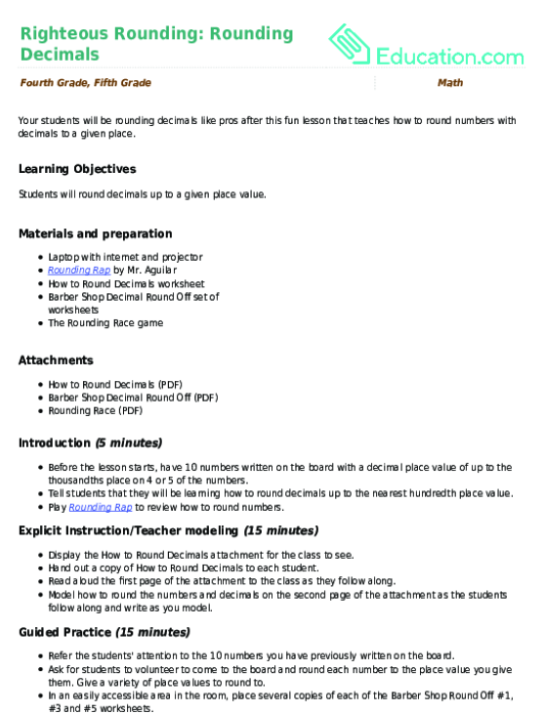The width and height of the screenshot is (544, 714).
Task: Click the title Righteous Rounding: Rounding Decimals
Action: pos(156,43)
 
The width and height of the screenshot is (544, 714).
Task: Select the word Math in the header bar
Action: pos(450,83)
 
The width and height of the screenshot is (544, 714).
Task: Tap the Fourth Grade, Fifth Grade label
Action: pos(85,83)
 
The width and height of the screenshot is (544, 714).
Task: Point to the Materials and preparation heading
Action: pos(96,233)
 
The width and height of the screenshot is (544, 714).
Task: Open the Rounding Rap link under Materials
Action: pos(78,270)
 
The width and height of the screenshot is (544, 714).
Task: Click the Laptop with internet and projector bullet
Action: pos(125,257)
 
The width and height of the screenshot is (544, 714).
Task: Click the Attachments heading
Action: pos(56,360)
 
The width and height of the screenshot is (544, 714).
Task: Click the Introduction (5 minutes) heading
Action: pos(90,443)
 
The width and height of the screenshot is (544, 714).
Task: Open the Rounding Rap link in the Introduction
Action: pos(100,508)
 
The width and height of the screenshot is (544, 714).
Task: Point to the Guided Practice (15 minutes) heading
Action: pos(104,632)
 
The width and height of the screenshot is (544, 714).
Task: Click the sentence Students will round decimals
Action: pos(142,193)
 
